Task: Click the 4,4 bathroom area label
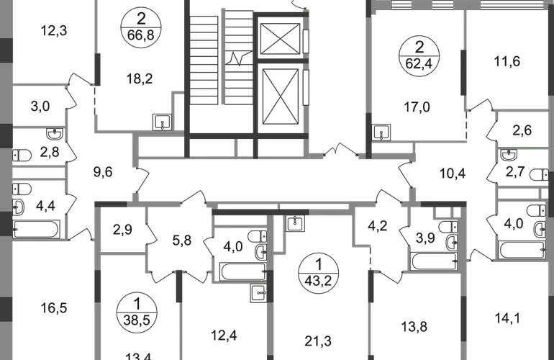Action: pyautogui.click(x=45, y=207)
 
